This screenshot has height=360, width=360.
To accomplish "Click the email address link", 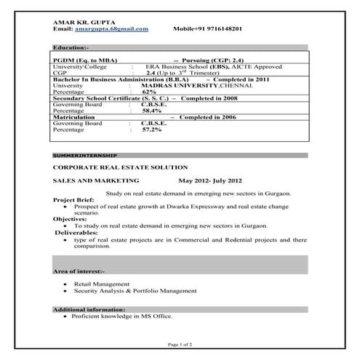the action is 111,28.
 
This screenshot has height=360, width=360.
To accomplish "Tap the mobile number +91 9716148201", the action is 207,28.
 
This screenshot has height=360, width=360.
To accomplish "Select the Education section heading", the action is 71,47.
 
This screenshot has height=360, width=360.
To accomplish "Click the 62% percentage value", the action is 149,92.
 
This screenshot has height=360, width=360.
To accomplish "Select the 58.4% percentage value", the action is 151,111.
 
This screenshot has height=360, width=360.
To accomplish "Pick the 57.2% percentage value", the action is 151,129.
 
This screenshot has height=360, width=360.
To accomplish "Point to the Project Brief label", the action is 74,199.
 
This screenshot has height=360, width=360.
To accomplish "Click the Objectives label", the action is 71,218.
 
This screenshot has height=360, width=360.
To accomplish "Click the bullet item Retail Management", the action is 102,284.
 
